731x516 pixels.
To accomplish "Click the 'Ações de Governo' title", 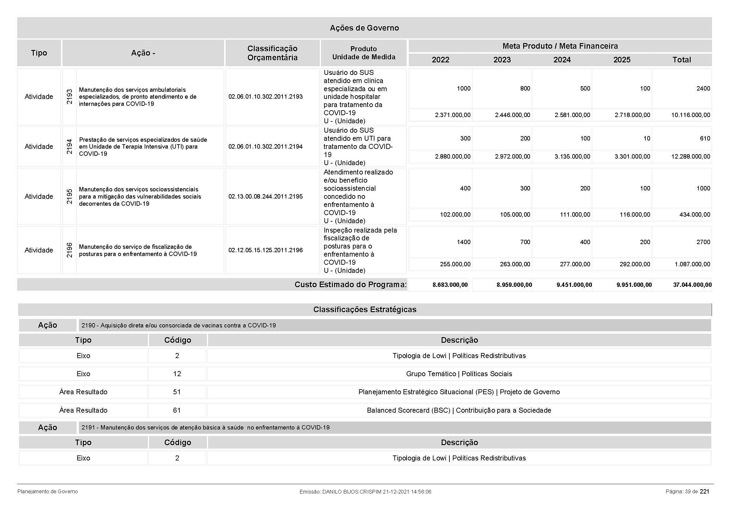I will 364,28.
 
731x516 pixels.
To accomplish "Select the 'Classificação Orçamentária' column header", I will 272,53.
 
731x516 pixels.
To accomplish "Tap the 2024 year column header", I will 562,60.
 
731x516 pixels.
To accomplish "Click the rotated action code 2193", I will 69,97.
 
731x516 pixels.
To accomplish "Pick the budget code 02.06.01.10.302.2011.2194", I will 265,147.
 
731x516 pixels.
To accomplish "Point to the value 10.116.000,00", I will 691,115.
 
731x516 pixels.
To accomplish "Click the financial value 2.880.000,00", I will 453,157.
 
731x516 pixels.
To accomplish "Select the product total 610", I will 705,139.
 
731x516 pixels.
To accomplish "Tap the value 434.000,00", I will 694,215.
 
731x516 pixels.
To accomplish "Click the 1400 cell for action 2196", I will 463,242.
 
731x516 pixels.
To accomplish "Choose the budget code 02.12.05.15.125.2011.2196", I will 265,250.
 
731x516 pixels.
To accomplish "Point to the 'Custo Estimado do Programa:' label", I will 350,285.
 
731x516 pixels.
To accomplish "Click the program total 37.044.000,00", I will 692,285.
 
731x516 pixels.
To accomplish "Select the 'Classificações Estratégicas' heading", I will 364,310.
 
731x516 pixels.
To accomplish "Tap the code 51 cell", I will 177,392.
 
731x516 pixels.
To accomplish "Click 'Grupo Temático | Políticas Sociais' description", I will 459,374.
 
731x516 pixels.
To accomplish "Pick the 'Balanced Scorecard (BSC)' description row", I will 459,410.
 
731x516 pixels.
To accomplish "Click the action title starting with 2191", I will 205,428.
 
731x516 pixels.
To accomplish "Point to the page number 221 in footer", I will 704,492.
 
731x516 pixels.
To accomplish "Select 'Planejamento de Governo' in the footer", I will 48,492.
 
